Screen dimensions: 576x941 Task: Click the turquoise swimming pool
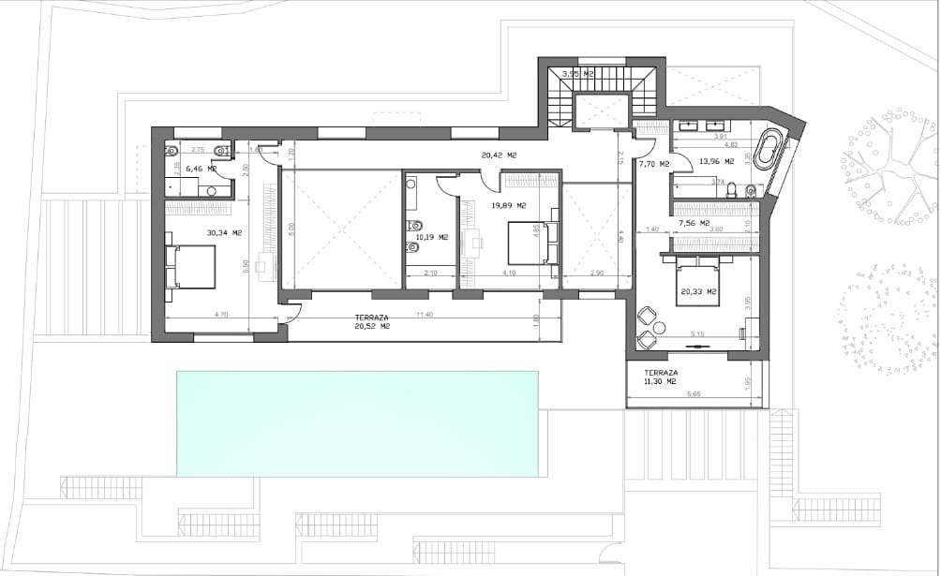click(357, 423)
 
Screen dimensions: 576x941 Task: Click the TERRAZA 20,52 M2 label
click(371, 322)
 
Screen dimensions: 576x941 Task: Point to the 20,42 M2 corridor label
click(500, 155)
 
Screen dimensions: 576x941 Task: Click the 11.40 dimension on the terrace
click(424, 315)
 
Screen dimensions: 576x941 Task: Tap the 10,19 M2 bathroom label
click(431, 237)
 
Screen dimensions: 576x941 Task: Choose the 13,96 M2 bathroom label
click(715, 161)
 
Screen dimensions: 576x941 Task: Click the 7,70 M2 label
click(654, 164)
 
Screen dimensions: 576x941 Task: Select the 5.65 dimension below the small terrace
click(694, 394)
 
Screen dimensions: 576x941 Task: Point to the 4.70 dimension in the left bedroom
click(221, 315)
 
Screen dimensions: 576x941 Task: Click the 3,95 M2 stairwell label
click(577, 73)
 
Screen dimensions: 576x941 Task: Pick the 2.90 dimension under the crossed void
click(597, 273)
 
